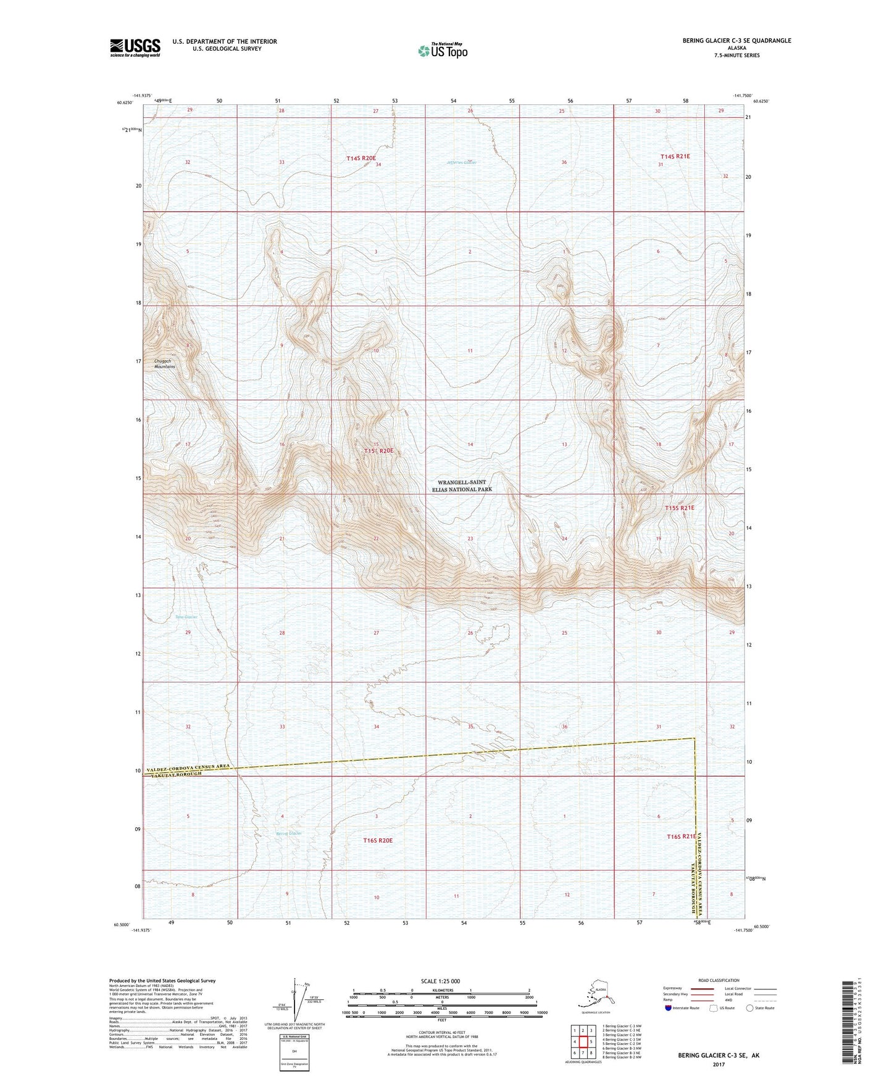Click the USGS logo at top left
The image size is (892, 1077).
pyautogui.click(x=135, y=47)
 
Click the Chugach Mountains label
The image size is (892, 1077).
pyautogui.click(x=165, y=364)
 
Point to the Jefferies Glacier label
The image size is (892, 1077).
pyautogui.click(x=461, y=162)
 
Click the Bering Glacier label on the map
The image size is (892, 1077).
pyautogui.click(x=289, y=833)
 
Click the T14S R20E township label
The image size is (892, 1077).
pyautogui.click(x=361, y=159)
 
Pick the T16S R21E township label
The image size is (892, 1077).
pyautogui.click(x=681, y=836)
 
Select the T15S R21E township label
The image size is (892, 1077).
pyautogui.click(x=680, y=508)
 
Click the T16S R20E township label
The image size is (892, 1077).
pyautogui.click(x=378, y=840)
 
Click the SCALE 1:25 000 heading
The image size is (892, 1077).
pyautogui.click(x=441, y=981)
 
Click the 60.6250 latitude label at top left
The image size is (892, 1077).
pyautogui.click(x=124, y=103)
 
